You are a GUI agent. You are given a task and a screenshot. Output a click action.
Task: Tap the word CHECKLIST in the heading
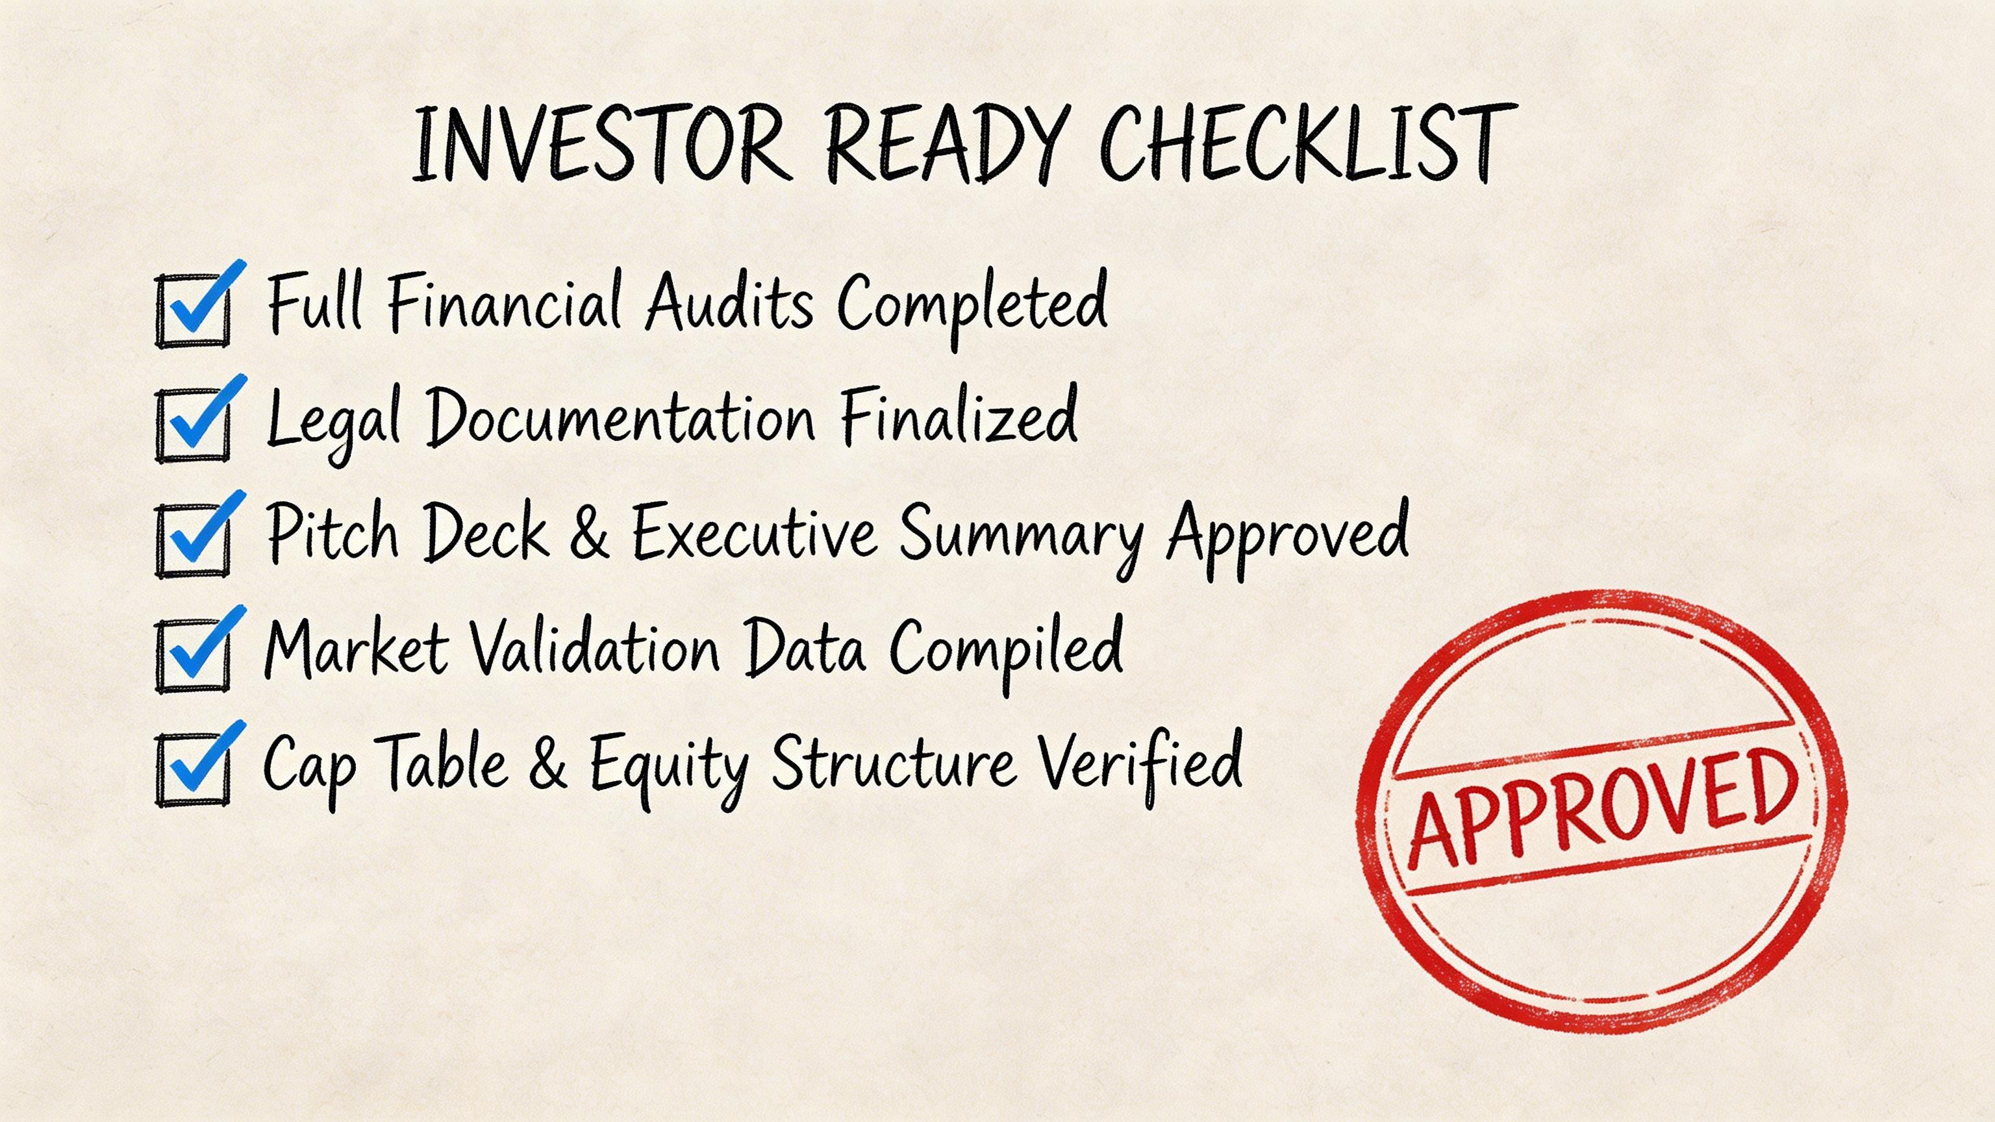tap(1307, 145)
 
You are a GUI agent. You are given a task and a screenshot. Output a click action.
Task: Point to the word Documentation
tap(620, 418)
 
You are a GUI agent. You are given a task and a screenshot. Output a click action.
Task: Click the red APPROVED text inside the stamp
tap(1603, 809)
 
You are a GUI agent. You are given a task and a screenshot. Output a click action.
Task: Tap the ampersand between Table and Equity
tap(547, 764)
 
